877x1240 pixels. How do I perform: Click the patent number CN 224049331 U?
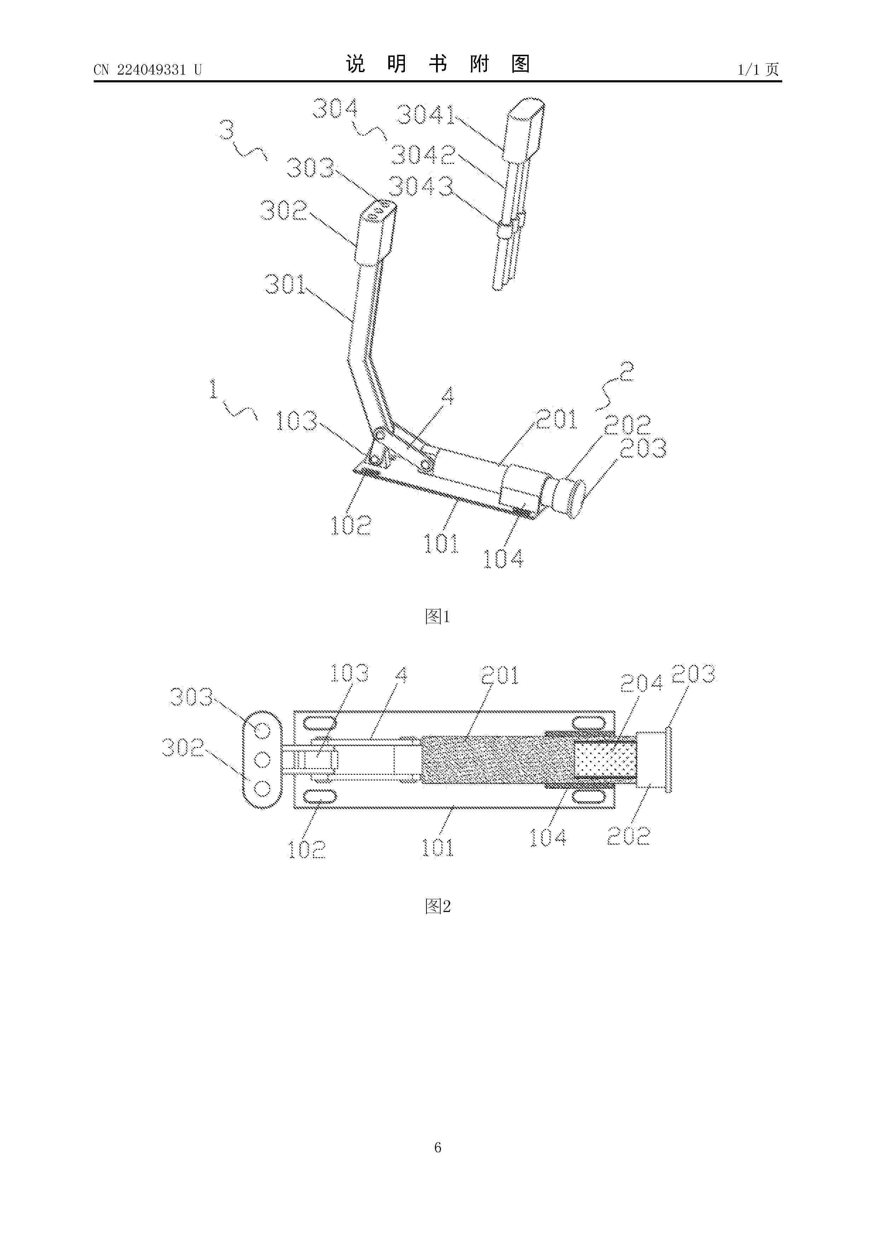pos(147,70)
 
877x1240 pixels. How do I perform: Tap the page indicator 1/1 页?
pos(758,70)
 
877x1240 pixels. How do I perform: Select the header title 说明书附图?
pos(438,64)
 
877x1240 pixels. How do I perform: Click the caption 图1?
pos(438,616)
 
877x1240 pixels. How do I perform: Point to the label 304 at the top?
pos(335,109)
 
